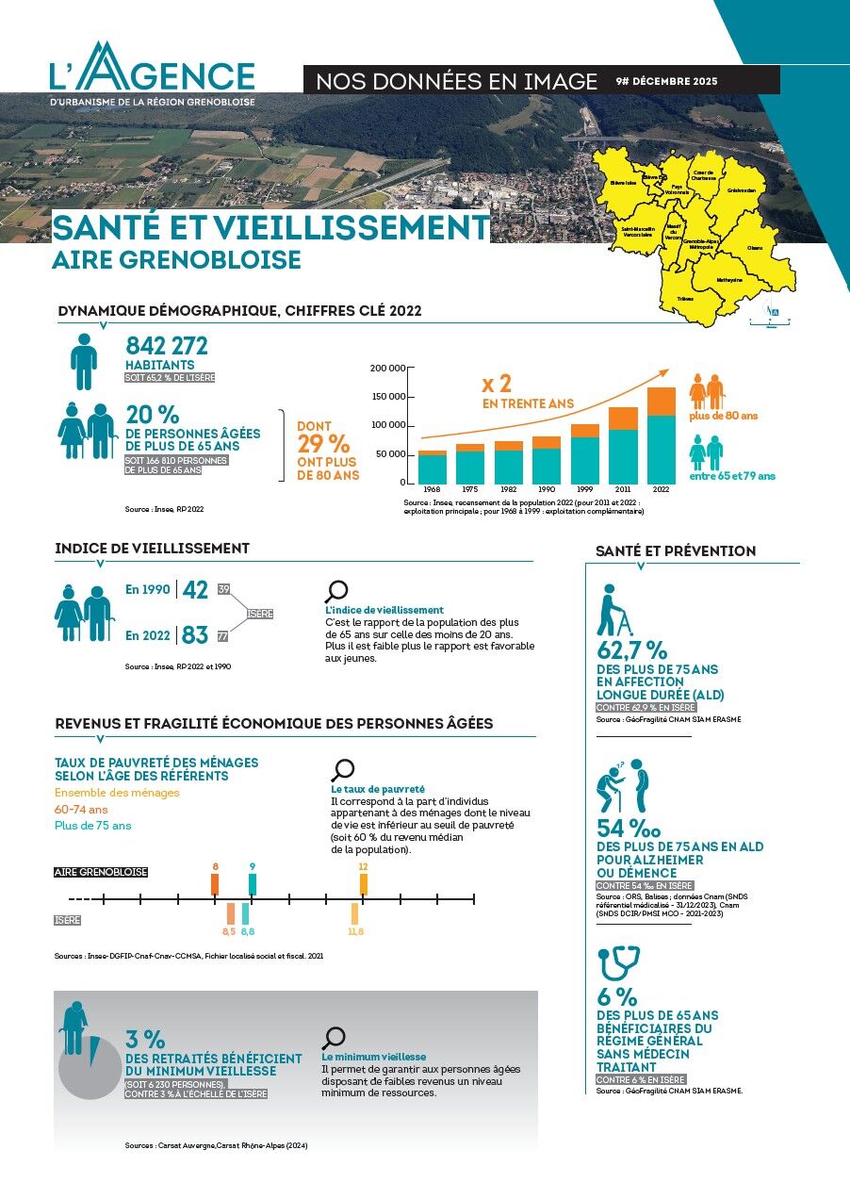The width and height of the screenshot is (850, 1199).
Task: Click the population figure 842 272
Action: pyautogui.click(x=167, y=346)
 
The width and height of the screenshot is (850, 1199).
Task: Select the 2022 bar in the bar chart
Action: pyautogui.click(x=661, y=435)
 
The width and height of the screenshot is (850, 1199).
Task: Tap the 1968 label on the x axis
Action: pyautogui.click(x=432, y=490)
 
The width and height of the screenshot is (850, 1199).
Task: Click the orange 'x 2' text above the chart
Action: pyautogui.click(x=497, y=384)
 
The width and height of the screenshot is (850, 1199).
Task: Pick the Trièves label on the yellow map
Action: pyautogui.click(x=685, y=298)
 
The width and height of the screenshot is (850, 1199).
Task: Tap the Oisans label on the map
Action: pyautogui.click(x=755, y=248)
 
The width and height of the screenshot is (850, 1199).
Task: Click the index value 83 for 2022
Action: pyautogui.click(x=195, y=635)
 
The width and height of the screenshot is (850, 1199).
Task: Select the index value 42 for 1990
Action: pyautogui.click(x=195, y=590)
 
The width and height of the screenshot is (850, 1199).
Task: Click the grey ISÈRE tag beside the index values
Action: pyautogui.click(x=260, y=614)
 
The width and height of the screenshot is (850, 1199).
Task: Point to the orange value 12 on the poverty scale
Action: pyautogui.click(x=363, y=866)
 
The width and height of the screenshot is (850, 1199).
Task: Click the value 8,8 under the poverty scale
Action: pyautogui.click(x=247, y=931)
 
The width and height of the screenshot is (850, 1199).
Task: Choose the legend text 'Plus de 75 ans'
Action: pyautogui.click(x=92, y=826)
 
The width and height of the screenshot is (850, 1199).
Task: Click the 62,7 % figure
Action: pyautogui.click(x=632, y=650)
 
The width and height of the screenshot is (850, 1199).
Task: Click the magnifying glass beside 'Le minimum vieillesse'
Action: pyautogui.click(x=334, y=1038)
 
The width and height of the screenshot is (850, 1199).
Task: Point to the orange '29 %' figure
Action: pyautogui.click(x=323, y=444)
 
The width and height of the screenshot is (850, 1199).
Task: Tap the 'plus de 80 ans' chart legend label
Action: pyautogui.click(x=723, y=416)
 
